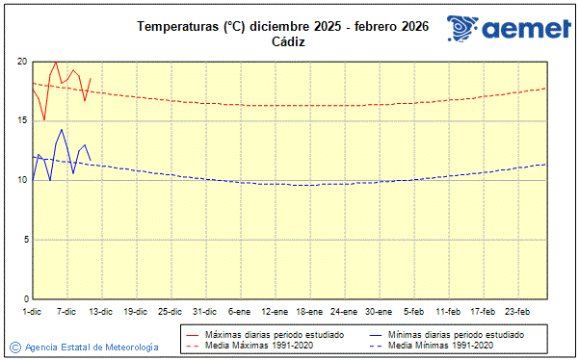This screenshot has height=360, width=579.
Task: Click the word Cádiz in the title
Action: click(288, 42)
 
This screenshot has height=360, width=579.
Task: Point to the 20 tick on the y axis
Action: click(21, 62)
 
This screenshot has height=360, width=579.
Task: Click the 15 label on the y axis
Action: click(21, 120)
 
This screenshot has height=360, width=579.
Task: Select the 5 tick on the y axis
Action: click(23, 240)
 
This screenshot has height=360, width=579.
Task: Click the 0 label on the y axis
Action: click(23, 298)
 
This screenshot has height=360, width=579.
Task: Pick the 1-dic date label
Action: click(32, 311)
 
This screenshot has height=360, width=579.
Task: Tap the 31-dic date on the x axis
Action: click(203, 311)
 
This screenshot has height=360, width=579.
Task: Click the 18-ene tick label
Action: click(309, 311)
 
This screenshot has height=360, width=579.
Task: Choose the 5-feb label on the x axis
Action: click(414, 311)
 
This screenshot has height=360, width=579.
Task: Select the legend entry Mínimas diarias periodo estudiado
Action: click(455, 334)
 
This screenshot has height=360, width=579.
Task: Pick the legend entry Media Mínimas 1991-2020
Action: click(439, 345)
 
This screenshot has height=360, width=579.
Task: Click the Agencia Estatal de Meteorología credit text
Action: click(92, 347)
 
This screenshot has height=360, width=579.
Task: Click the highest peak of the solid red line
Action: click(56, 62)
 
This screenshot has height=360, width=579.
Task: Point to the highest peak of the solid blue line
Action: click(62, 129)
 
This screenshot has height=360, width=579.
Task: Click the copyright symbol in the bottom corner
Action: click(14, 347)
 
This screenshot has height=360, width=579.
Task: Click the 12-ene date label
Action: click(274, 311)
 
